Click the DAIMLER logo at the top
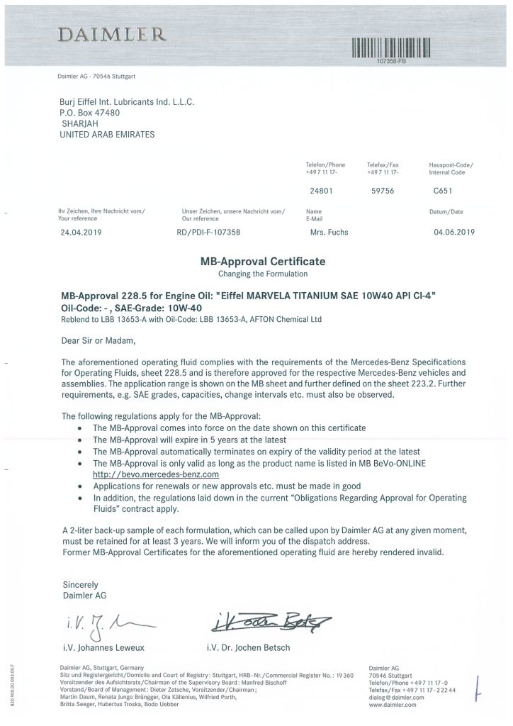113,35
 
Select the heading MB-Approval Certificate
262,262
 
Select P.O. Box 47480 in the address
90,112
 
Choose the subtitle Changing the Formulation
262,273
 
